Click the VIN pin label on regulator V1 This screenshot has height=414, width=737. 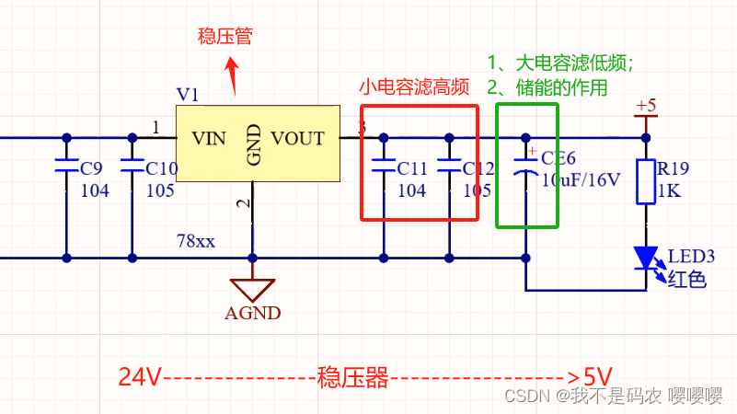pos(208,139)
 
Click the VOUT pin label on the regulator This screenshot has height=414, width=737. pos(298,139)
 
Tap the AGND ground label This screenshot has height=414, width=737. pos(252,313)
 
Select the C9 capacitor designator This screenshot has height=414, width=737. pos(92,169)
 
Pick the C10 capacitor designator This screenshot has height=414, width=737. pos(162,169)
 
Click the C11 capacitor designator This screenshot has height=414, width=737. pos(411,169)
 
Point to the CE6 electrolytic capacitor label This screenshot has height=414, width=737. pos(558,158)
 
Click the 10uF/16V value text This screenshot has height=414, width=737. pos(581,179)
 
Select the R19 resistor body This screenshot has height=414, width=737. pos(646,181)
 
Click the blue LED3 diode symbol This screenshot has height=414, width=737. pos(646,257)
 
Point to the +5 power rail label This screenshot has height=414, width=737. pos(646,106)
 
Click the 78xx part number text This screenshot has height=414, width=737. pos(196,242)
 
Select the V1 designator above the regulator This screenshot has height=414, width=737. pos(187,95)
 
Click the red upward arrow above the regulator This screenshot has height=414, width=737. pos(233,74)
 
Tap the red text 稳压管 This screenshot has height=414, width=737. pos(225,37)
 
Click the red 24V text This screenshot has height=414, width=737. pos(140,377)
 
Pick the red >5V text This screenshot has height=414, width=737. pos(590,377)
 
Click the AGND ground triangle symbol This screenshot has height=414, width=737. pos(252,287)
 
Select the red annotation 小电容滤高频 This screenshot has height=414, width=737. pos(414,87)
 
